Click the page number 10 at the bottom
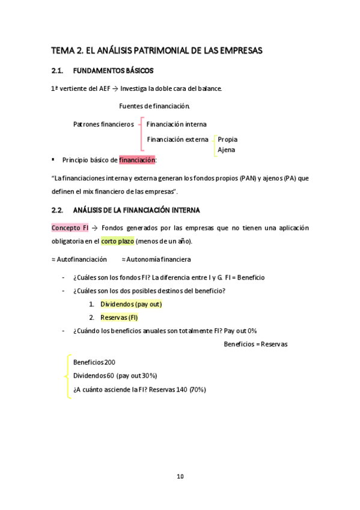[180, 476]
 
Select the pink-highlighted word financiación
[137, 161]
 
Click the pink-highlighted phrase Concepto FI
[70, 228]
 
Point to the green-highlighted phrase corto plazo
[118, 241]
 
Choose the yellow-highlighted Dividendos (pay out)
[131, 304]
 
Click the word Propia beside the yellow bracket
[227, 140]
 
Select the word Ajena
[226, 150]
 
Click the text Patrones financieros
[103, 124]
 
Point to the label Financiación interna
[176, 124]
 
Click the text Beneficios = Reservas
[255, 345]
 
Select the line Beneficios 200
[94, 363]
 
